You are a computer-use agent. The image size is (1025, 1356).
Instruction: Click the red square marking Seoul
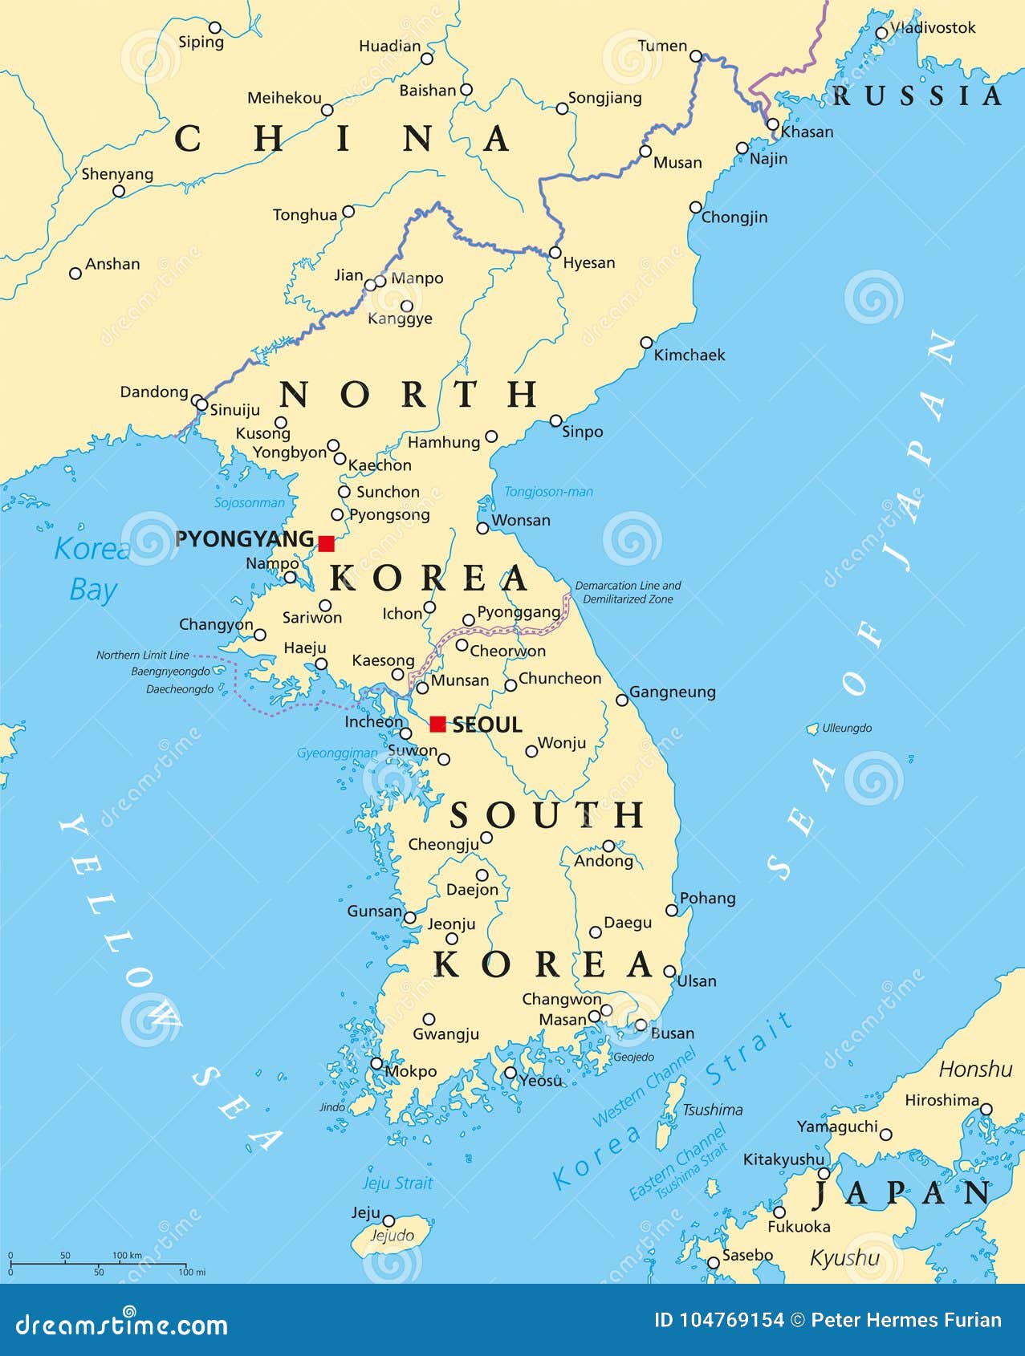(x=437, y=724)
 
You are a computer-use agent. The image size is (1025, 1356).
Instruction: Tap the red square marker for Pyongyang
(x=326, y=543)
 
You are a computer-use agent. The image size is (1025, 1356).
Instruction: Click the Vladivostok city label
(x=933, y=27)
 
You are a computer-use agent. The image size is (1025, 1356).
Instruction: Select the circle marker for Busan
(x=641, y=1025)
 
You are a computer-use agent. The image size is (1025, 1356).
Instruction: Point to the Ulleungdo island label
(x=847, y=729)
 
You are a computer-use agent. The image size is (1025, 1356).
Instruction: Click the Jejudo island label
(x=392, y=1236)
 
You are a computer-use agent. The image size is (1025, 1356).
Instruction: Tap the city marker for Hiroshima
(x=986, y=1110)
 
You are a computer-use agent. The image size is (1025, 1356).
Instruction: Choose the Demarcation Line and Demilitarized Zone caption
(x=628, y=592)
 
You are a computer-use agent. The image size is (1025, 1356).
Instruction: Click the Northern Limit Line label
(x=143, y=655)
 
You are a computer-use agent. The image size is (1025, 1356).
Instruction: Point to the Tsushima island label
(x=712, y=1110)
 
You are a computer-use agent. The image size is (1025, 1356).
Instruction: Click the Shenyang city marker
(x=119, y=191)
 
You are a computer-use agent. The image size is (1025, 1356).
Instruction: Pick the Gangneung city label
(x=672, y=692)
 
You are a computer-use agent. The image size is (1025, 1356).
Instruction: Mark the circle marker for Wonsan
(x=482, y=528)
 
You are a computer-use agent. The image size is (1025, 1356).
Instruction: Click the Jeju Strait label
(x=397, y=1183)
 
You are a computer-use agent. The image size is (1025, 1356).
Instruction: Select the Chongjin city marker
(x=695, y=207)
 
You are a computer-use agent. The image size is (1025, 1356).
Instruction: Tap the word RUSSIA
(x=917, y=96)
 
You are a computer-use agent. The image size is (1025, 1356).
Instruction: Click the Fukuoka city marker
(x=779, y=1212)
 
